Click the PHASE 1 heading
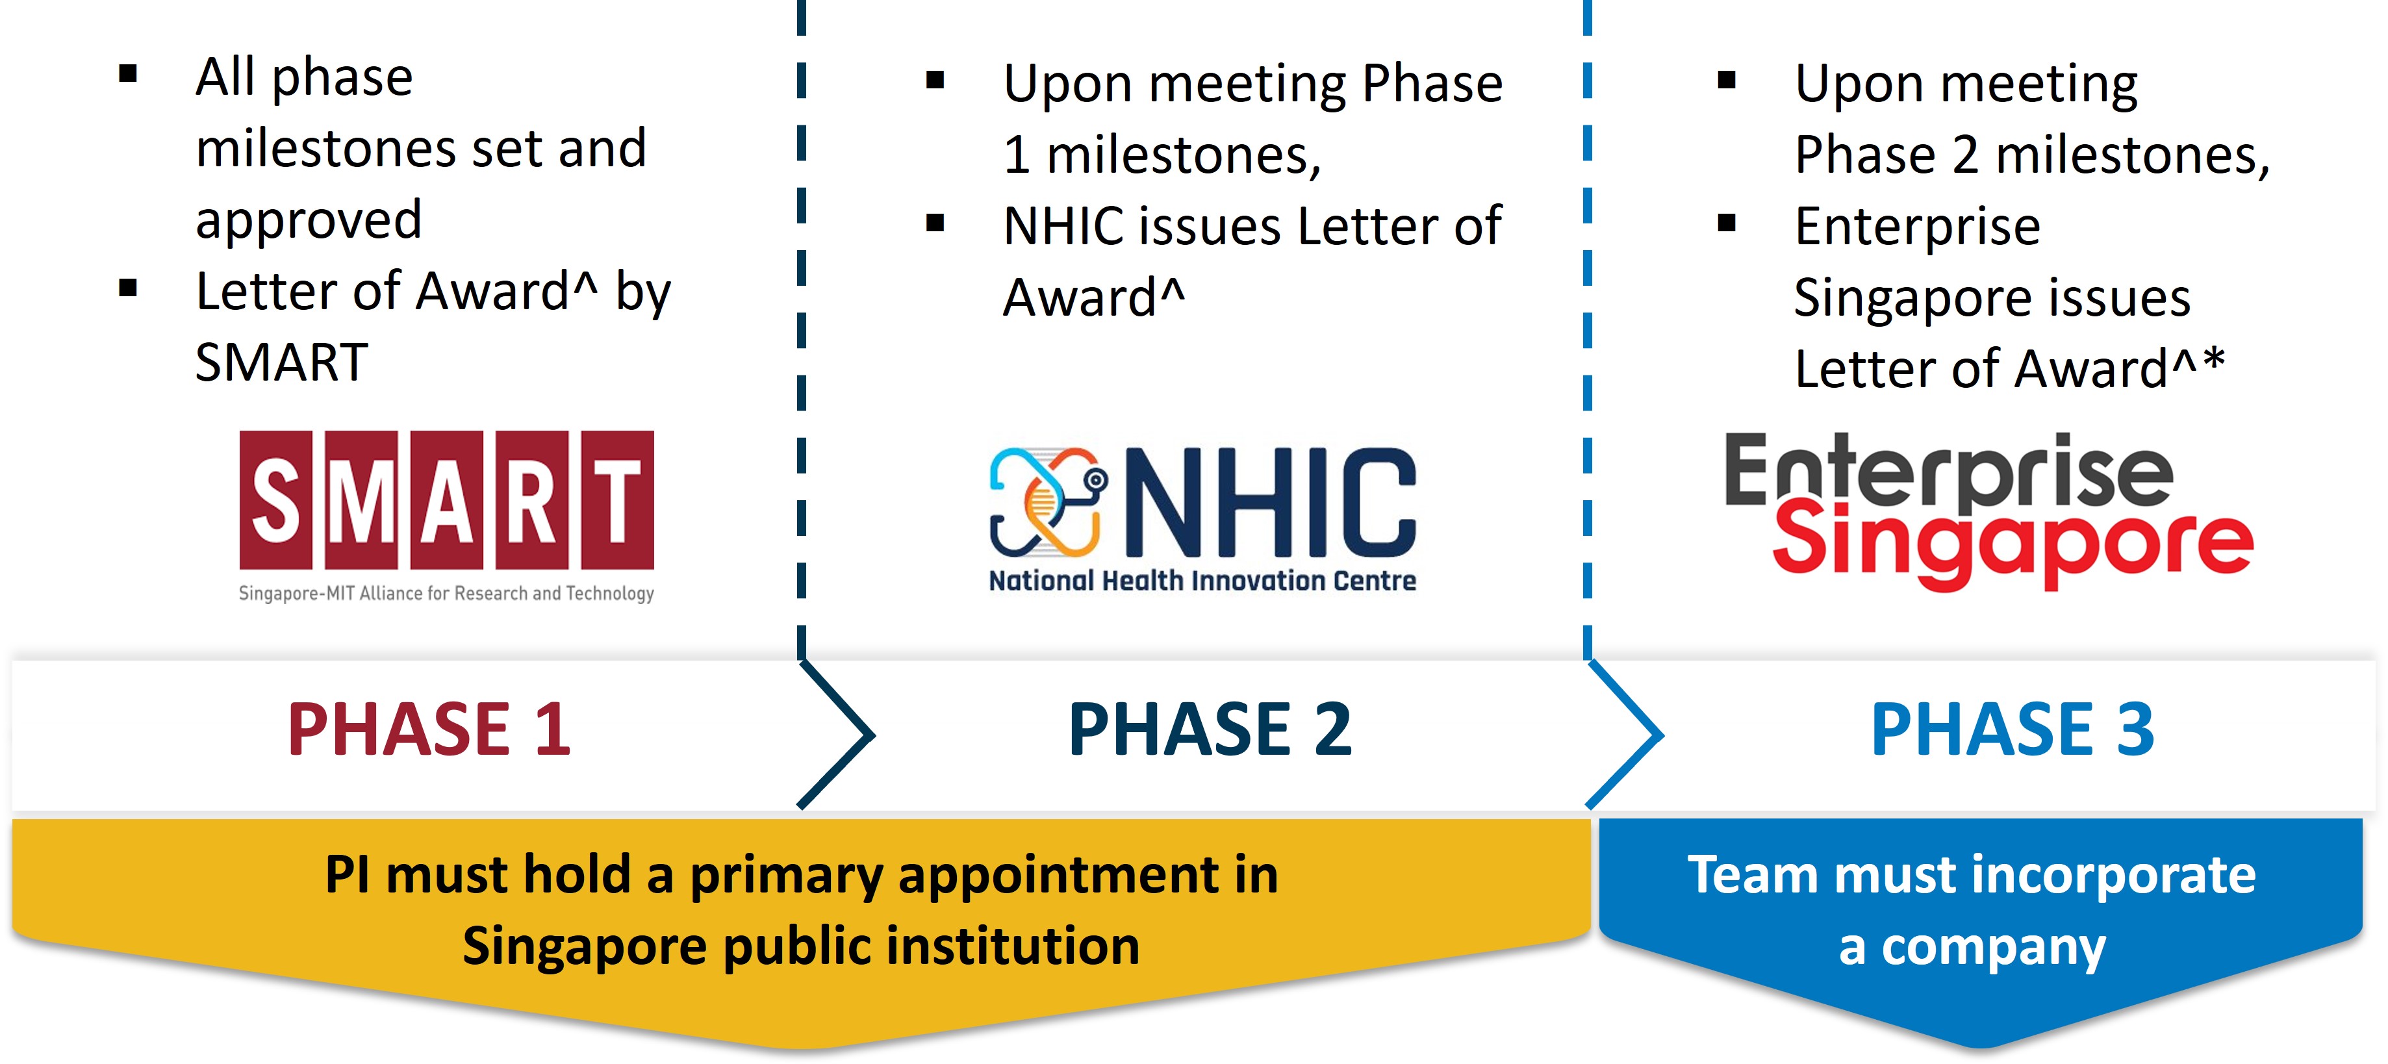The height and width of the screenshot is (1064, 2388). click(x=429, y=729)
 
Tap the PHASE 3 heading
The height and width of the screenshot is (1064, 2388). click(x=2013, y=729)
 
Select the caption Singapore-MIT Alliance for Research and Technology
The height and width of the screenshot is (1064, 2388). click(x=447, y=593)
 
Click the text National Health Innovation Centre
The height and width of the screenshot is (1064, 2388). click(x=1202, y=581)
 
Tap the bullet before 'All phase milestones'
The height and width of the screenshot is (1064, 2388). click(x=128, y=74)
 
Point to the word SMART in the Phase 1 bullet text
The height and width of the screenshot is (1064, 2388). click(x=282, y=362)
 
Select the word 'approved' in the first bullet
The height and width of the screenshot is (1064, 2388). click(x=309, y=221)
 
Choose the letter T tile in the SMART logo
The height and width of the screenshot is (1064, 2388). click(x=617, y=500)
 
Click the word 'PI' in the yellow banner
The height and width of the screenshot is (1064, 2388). click(x=348, y=874)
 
